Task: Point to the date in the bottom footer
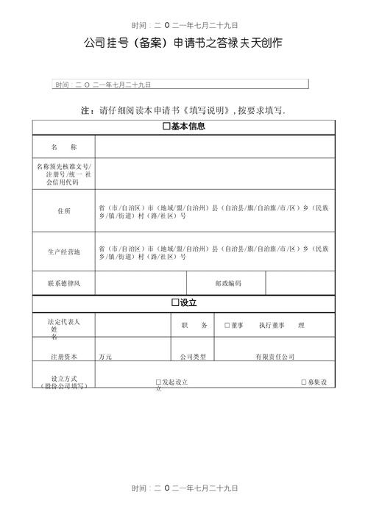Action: click(184, 488)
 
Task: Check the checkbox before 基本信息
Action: click(166, 127)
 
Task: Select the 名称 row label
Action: click(64, 148)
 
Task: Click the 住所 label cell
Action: click(64, 211)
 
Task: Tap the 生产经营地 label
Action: click(64, 252)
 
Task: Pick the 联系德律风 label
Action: click(64, 283)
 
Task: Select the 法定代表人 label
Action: click(64, 322)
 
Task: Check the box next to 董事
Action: click(227, 324)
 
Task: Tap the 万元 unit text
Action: click(105, 357)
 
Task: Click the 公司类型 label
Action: click(193, 357)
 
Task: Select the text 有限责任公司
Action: click(275, 357)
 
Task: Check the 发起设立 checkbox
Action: click(158, 382)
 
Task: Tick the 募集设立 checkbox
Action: click(304, 382)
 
